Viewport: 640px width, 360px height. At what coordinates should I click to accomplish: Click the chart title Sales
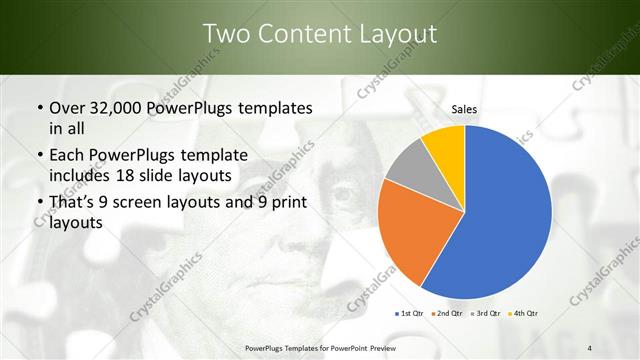point(463,109)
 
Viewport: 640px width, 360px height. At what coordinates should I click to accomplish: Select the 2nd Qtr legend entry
point(447,314)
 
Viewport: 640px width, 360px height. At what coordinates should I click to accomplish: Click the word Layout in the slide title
point(398,34)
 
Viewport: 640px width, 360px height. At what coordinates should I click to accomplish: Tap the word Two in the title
point(225,34)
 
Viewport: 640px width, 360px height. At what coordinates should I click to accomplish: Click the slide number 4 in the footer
point(590,347)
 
